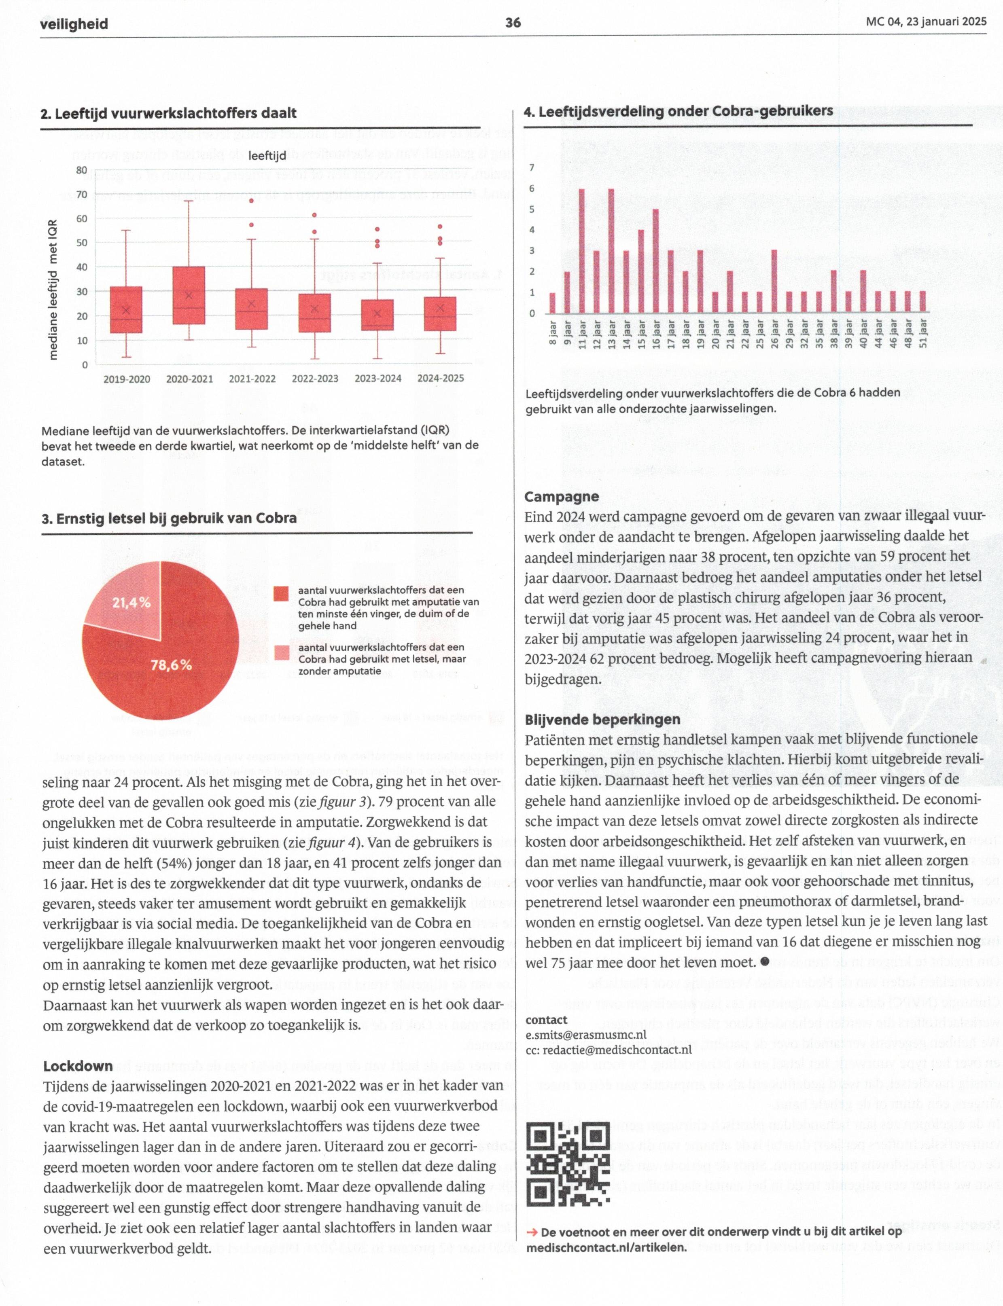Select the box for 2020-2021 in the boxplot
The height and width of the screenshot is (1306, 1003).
pyautogui.click(x=189, y=296)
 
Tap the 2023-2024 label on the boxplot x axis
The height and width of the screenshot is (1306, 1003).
pyautogui.click(x=377, y=379)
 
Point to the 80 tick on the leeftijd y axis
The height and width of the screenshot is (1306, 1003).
pyautogui.click(x=82, y=170)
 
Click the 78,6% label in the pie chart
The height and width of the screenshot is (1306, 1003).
pyautogui.click(x=171, y=665)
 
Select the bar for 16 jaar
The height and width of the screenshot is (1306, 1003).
pyautogui.click(x=655, y=261)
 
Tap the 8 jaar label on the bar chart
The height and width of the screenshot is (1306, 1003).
pyautogui.click(x=553, y=333)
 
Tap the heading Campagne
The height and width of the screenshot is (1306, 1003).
pyautogui.click(x=561, y=497)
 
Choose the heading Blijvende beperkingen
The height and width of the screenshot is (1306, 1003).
pyautogui.click(x=602, y=719)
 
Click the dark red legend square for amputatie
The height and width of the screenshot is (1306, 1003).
pyautogui.click(x=281, y=593)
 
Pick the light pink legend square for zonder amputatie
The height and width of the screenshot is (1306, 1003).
pyautogui.click(x=281, y=652)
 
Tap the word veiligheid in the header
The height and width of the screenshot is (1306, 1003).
pyautogui.click(x=74, y=24)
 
